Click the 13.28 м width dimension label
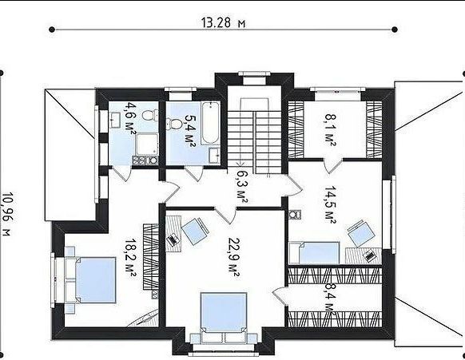coord(223,22)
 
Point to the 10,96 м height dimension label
coord(7,214)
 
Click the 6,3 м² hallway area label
coord(242,186)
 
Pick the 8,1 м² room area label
coord(330,130)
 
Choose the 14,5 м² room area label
coord(330,204)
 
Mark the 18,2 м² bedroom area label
coord(130,258)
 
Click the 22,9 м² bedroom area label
coord(233,257)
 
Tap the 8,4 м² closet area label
coord(329,299)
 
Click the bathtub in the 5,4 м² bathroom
coord(211,123)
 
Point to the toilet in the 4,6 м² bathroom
coord(150,115)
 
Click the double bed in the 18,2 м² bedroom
coord(90,280)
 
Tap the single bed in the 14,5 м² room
coord(314,252)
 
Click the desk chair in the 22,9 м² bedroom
coord(195,231)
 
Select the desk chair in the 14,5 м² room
coord(361,233)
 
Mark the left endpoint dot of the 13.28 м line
coord(52,30)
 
